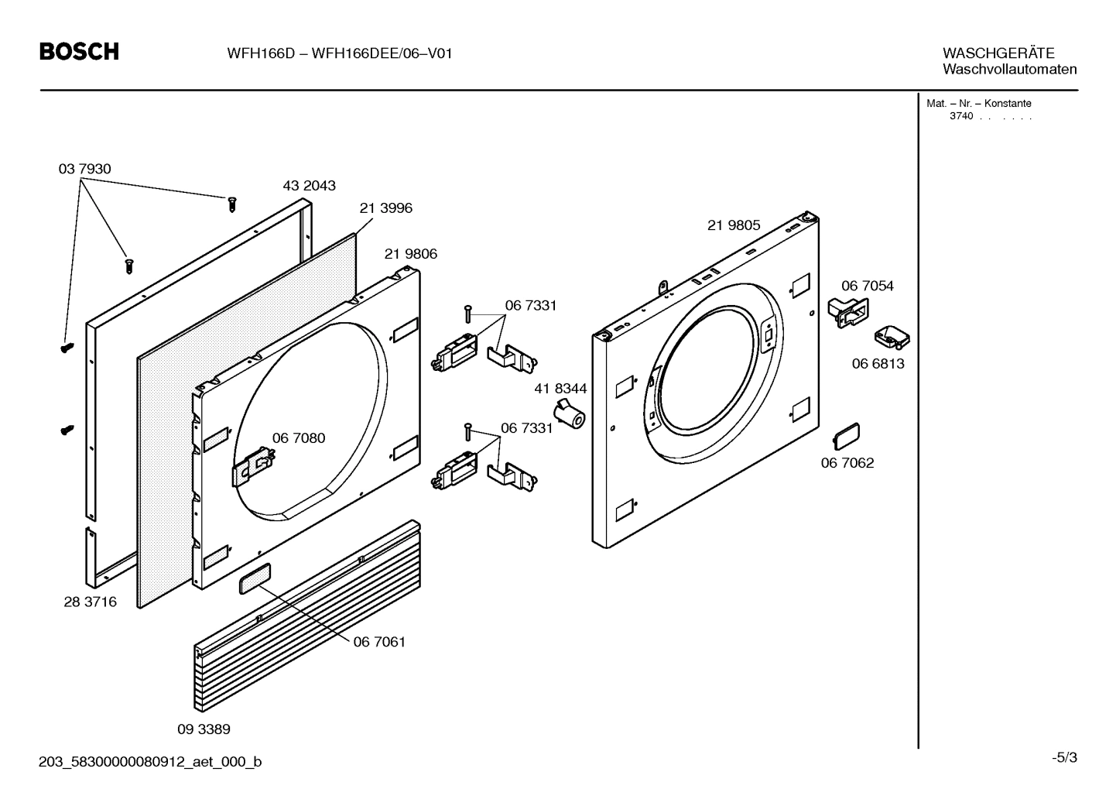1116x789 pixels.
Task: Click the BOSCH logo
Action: (x=79, y=52)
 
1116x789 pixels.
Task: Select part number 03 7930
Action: (x=84, y=169)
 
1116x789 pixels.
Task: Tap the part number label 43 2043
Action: (x=309, y=186)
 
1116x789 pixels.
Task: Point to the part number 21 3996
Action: (x=385, y=208)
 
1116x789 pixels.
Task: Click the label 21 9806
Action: (x=410, y=254)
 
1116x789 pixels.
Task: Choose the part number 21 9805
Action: (x=733, y=225)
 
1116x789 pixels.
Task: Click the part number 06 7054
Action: (x=867, y=286)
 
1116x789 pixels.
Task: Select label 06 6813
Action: (x=878, y=364)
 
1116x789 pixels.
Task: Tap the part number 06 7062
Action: (x=847, y=463)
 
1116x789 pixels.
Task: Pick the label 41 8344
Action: (x=560, y=389)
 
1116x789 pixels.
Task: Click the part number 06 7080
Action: (x=298, y=438)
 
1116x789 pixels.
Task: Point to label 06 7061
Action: (x=379, y=642)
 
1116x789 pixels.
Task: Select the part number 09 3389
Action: (x=204, y=729)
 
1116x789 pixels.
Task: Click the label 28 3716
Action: (x=90, y=602)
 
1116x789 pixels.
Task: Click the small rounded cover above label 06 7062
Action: (x=846, y=435)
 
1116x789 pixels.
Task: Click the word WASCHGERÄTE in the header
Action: (x=998, y=53)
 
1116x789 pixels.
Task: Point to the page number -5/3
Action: (x=1064, y=757)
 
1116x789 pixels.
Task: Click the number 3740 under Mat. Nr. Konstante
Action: (x=960, y=117)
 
